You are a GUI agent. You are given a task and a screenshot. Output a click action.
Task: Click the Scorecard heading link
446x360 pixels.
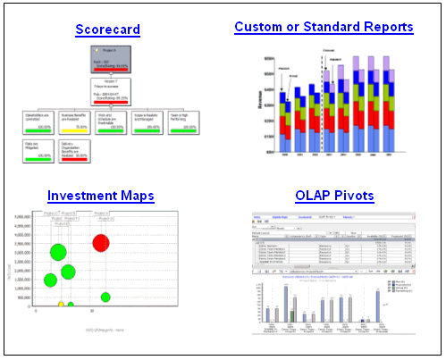point(107,29)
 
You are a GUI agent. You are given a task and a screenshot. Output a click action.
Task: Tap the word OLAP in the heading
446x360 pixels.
point(312,195)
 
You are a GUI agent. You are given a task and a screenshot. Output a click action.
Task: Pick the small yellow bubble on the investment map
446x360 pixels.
point(61,305)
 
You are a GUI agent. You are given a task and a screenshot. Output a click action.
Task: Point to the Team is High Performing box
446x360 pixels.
point(183,121)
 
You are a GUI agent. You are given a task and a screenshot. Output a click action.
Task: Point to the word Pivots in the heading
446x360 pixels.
point(354,195)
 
